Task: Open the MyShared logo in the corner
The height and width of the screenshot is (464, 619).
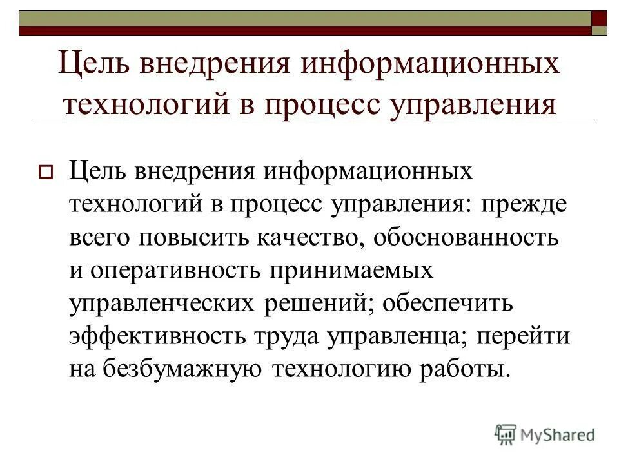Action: coord(545,434)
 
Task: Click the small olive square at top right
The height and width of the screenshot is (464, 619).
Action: coord(600,30)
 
